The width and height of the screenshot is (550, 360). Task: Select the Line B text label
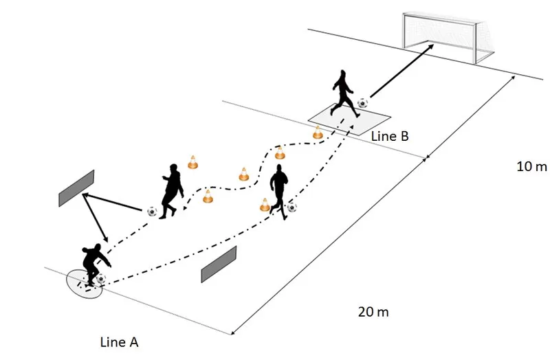pyautogui.click(x=390, y=136)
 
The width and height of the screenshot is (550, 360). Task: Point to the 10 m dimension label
pyautogui.click(x=531, y=166)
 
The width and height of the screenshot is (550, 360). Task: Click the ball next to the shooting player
pyautogui.click(x=362, y=103)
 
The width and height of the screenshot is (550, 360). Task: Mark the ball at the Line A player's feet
pyautogui.click(x=102, y=278)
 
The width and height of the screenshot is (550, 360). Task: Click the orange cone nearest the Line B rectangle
pyautogui.click(x=318, y=133)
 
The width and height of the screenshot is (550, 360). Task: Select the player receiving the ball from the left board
pyautogui.click(x=171, y=190)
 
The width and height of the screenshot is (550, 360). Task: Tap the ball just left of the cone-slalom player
pyautogui.click(x=151, y=211)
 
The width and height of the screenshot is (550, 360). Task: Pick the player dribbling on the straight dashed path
pyautogui.click(x=279, y=189)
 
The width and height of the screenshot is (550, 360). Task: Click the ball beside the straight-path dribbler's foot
pyautogui.click(x=292, y=206)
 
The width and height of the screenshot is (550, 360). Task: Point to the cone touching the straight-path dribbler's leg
pyautogui.click(x=265, y=204)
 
